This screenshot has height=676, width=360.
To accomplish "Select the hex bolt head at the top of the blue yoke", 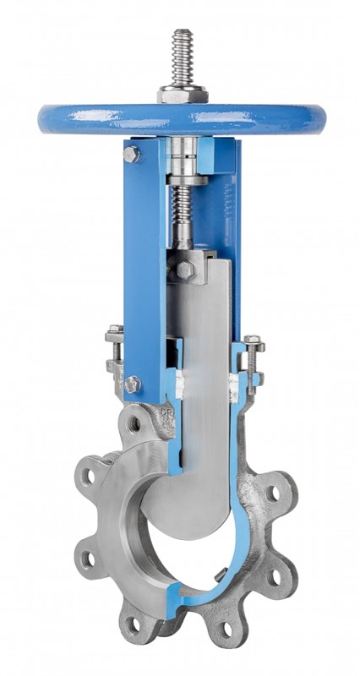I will point(132,154).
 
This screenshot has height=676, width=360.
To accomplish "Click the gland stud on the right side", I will point(253,359).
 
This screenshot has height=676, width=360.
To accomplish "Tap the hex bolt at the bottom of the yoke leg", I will point(132,384).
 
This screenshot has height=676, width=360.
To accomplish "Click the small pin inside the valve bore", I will point(219,578).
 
